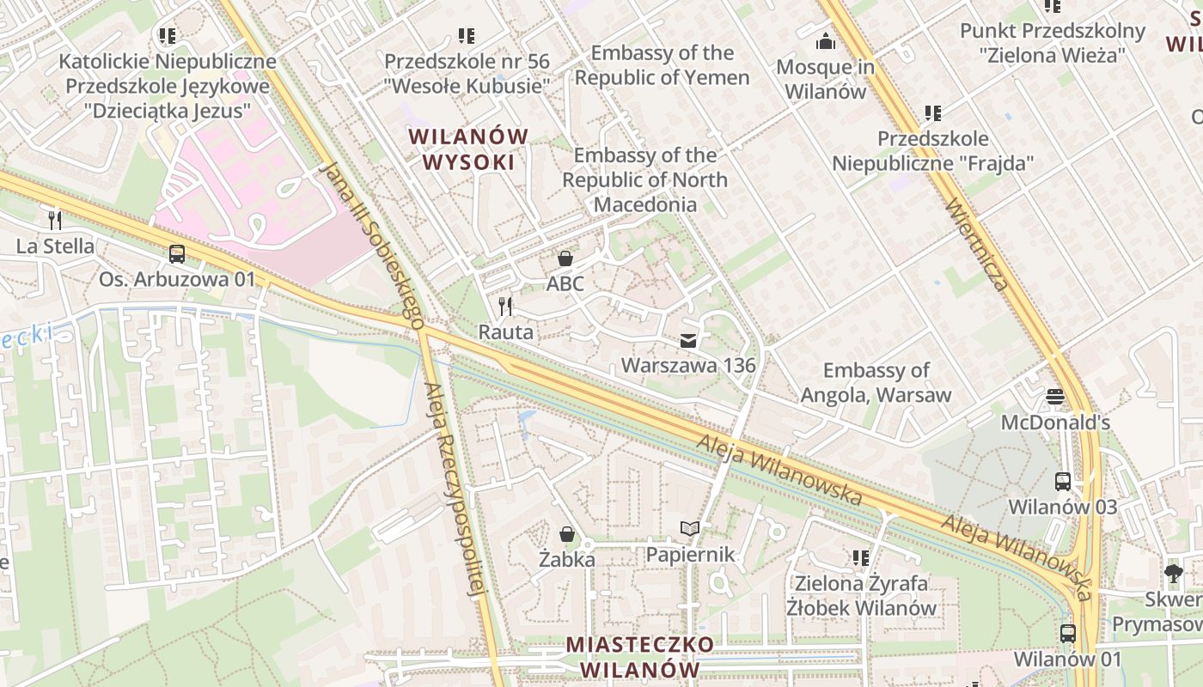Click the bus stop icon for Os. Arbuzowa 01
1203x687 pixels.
coord(177,254)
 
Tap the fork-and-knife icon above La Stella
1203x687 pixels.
coord(55,221)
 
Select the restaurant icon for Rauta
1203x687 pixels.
coord(506,307)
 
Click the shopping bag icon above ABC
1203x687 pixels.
coord(565,258)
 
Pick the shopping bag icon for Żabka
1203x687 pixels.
coord(567,534)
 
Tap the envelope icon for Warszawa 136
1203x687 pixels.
coord(688,341)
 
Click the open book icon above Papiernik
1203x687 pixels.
coord(690,529)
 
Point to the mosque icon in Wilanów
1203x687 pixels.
coord(826,41)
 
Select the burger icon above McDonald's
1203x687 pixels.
coord(1055,397)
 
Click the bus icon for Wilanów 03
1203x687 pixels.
coord(1063,482)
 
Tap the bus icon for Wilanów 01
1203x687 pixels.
coord(1067,634)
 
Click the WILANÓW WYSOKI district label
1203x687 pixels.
coord(468,149)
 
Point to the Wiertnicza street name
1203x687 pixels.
coord(975,244)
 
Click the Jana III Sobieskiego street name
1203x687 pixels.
coord(371,245)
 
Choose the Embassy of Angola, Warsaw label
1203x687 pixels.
coord(876,383)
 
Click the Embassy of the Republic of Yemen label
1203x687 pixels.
coord(662,65)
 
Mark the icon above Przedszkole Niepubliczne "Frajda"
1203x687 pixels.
coord(933,113)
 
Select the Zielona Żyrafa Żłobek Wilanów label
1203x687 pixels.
coord(861,596)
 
